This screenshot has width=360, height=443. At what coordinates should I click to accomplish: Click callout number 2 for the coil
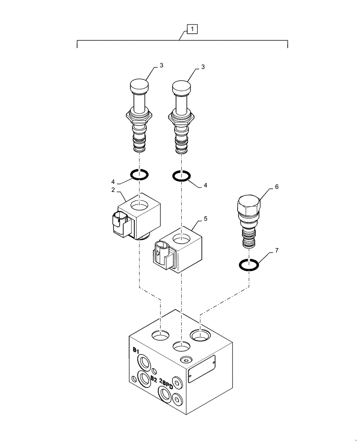click(113, 190)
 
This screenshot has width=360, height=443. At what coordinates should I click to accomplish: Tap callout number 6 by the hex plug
click(276, 187)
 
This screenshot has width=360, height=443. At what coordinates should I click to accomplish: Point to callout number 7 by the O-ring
click(276, 251)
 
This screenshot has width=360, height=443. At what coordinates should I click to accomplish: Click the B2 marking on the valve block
click(154, 379)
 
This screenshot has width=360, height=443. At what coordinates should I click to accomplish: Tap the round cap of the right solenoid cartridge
click(181, 86)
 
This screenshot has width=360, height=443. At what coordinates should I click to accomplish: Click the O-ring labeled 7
click(249, 265)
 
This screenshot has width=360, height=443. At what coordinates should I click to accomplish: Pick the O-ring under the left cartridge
click(139, 174)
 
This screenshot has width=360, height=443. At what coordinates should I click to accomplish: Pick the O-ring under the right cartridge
click(181, 176)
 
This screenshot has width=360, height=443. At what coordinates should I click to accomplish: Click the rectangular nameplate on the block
click(201, 368)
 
